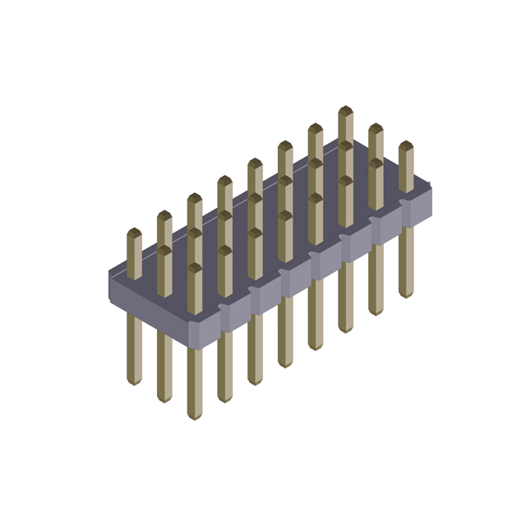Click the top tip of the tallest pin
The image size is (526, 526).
tap(345, 108)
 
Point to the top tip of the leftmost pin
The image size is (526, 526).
tap(134, 231)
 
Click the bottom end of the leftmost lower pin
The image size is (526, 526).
tap(134, 381)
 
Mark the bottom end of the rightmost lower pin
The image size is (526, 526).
tap(406, 294)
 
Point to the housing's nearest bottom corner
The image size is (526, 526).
tap(191, 345)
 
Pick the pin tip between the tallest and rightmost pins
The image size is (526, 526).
tap(376, 127)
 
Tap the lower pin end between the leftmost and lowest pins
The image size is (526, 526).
tap(164, 399)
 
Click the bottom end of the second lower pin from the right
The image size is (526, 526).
tap(376, 312)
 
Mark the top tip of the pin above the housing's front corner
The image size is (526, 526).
tap(194, 266)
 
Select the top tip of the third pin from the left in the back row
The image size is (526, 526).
tap(194, 196)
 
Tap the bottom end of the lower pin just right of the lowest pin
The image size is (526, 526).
tap(224, 400)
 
